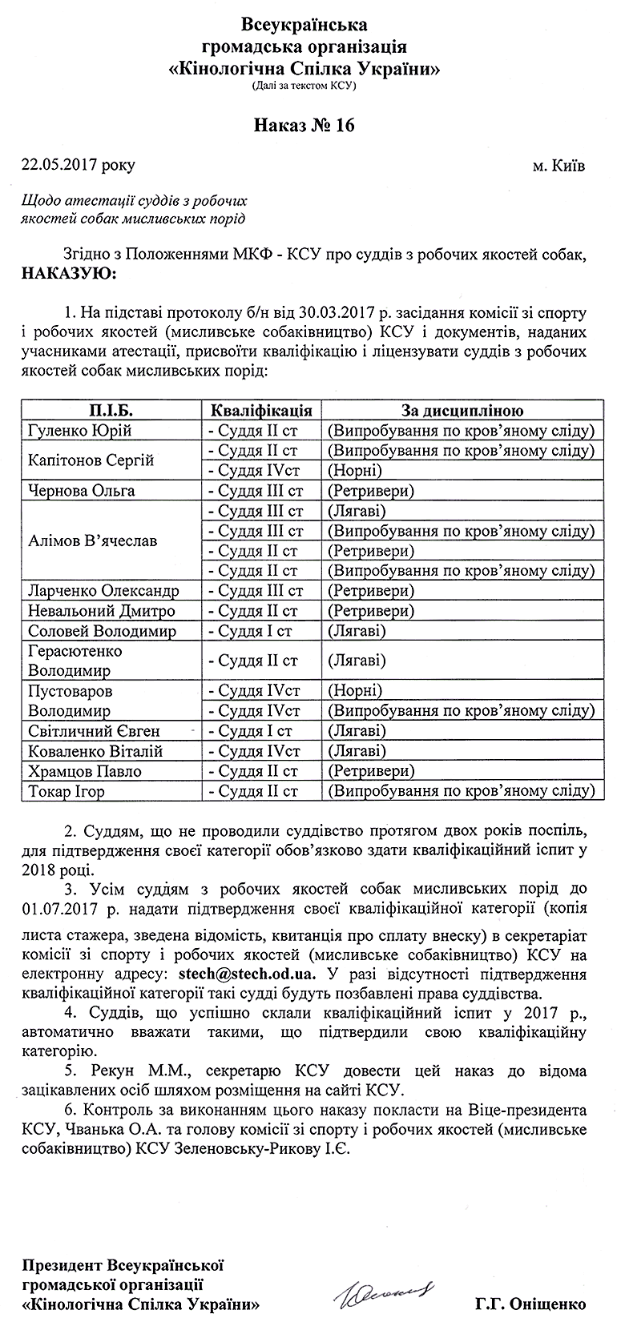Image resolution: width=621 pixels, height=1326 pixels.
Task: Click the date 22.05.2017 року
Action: click(79, 166)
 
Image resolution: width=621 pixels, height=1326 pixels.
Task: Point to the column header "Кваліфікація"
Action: click(261, 411)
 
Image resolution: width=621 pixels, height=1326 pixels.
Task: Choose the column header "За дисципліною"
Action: click(462, 411)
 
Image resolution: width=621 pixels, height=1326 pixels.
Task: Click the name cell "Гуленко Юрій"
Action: click(79, 431)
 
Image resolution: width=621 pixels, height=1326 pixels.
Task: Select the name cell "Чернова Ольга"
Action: click(81, 491)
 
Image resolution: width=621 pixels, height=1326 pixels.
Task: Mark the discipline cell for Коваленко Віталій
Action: click(357, 751)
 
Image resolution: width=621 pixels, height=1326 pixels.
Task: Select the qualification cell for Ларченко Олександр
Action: click(255, 591)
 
